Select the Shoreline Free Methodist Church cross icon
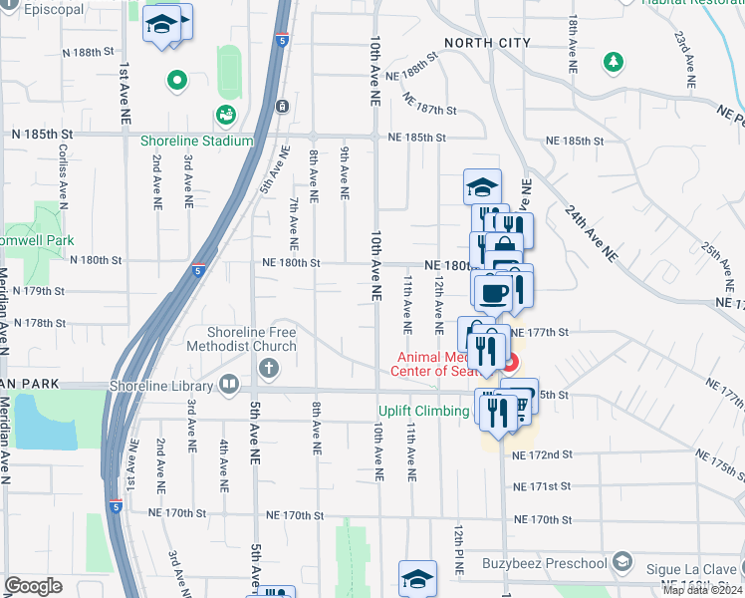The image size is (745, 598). [267, 369]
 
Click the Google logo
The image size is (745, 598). [33, 586]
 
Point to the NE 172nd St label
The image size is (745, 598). [542, 454]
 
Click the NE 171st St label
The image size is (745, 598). [542, 487]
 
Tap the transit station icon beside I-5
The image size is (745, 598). [283, 106]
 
